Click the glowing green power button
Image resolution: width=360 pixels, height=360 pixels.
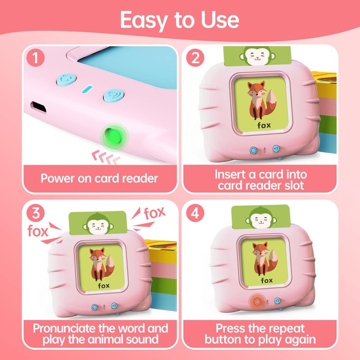[x=113, y=135]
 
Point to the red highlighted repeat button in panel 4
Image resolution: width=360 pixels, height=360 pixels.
[x=257, y=301]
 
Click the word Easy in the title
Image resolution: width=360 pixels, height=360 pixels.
[x=144, y=21]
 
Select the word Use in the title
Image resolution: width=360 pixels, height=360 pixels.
[x=218, y=21]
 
